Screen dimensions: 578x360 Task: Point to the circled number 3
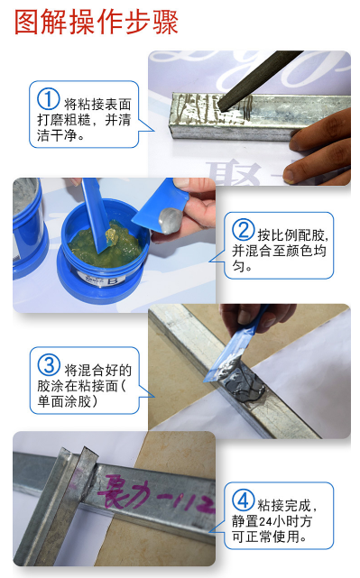pyautogui.click(x=47, y=368)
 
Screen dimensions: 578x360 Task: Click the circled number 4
pyautogui.click(x=243, y=500)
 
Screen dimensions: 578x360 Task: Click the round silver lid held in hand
pyautogui.click(x=168, y=219)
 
